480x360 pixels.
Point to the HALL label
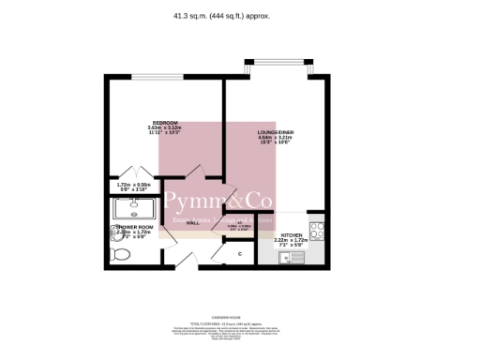pyautogui.click(x=192, y=223)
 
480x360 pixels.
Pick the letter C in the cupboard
pyautogui.click(x=239, y=254)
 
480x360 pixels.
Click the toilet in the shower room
pyautogui.click(x=119, y=253)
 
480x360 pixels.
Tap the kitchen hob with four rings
pyautogui.click(x=317, y=227)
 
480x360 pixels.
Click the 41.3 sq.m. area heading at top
pyautogui.click(x=240, y=15)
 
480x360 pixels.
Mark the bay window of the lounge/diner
pyautogui.click(x=277, y=67)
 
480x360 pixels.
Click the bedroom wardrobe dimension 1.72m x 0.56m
pyautogui.click(x=134, y=187)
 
